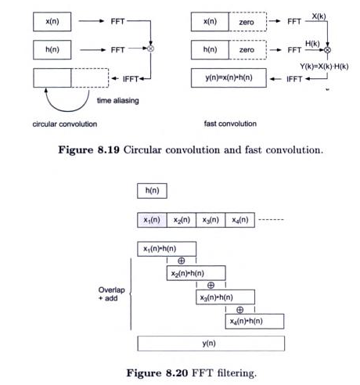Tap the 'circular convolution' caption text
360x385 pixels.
point(62,124)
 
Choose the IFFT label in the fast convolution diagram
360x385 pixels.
point(295,78)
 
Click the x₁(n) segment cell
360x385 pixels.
point(152,221)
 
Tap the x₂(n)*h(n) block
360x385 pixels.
point(196,273)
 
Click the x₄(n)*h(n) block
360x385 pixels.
point(254,322)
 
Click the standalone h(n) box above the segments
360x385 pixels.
point(152,190)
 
